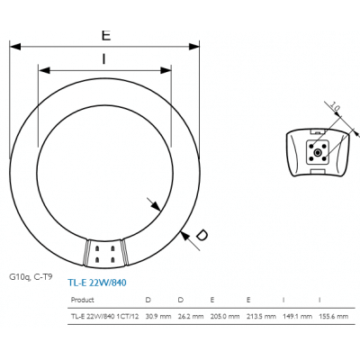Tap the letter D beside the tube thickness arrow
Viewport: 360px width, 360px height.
(202, 236)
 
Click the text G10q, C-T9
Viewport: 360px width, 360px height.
(32, 279)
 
